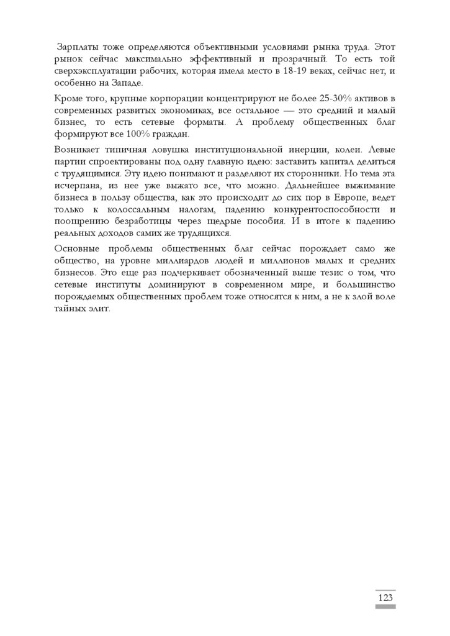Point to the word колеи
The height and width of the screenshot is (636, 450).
353,150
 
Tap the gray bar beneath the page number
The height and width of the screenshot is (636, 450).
385,607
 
